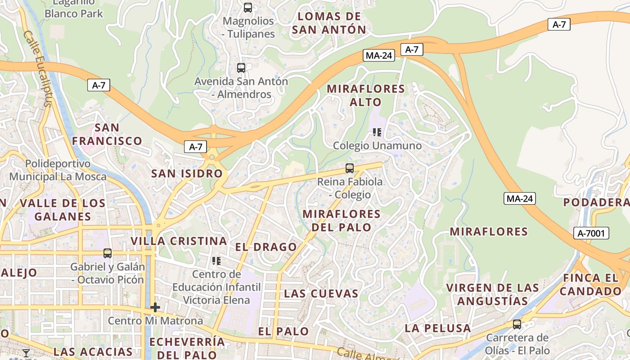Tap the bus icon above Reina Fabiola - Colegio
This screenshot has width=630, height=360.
350,168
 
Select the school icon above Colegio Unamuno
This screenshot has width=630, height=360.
377,132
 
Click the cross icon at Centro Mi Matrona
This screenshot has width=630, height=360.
155,307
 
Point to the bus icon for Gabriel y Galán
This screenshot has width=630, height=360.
108,253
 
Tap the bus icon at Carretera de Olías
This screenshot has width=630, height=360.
517,324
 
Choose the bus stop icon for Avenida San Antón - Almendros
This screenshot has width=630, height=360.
241,68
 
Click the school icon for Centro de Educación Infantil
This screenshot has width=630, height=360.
216,261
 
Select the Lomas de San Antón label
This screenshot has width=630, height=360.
329,23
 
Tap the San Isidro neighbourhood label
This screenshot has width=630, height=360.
187,174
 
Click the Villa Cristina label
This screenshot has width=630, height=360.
179,241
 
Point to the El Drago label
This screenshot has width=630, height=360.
266,247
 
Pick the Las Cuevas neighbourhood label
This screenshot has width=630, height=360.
321,294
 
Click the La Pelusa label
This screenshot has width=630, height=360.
437,328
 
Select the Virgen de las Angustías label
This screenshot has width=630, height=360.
493,294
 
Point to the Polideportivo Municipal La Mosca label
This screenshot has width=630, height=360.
58,170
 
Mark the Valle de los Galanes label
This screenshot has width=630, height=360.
63,210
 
